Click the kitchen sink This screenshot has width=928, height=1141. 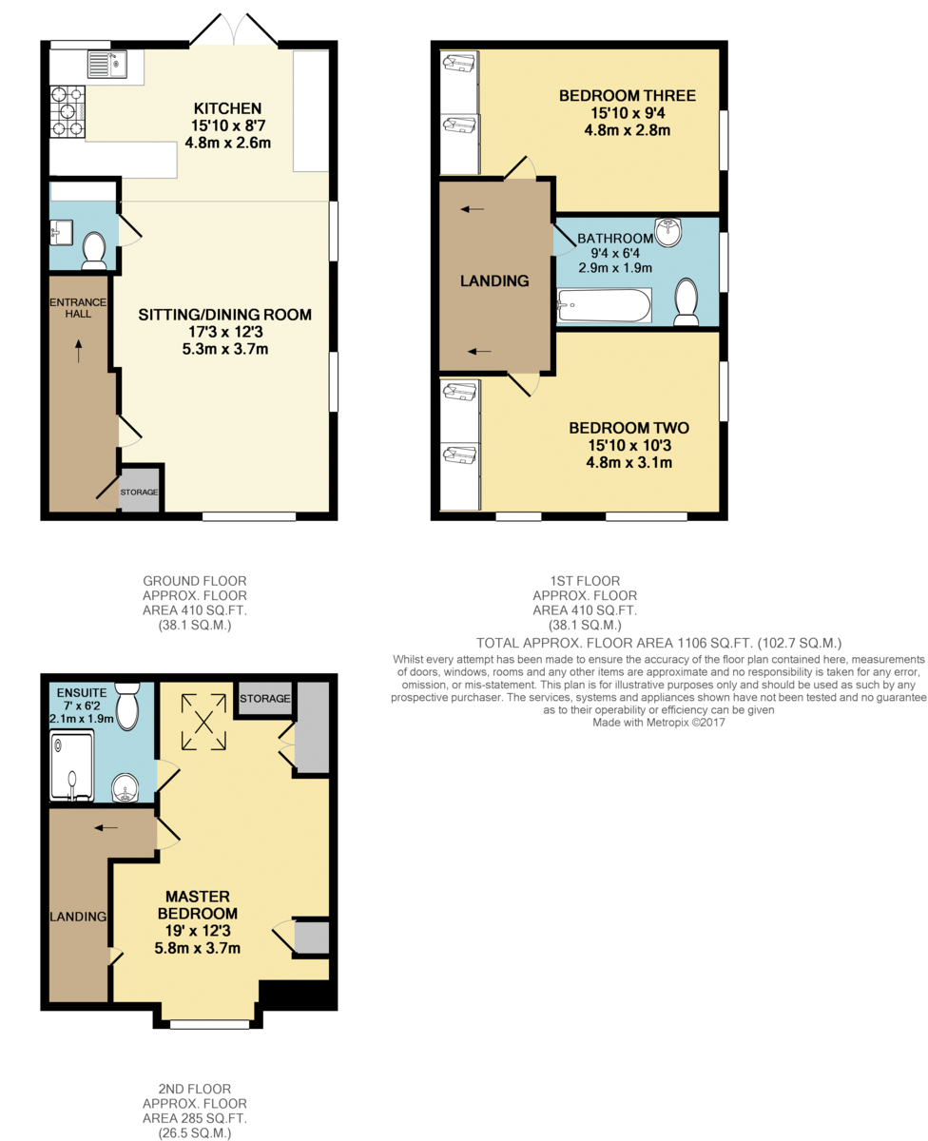pyautogui.click(x=107, y=65)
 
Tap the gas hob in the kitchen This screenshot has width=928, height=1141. pyautogui.click(x=68, y=111)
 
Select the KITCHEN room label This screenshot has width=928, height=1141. pyautogui.click(x=227, y=108)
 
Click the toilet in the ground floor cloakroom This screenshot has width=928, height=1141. pyautogui.click(x=94, y=250)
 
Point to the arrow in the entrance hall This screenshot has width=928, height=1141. pyautogui.click(x=79, y=351)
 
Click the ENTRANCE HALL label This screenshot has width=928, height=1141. pyautogui.click(x=78, y=308)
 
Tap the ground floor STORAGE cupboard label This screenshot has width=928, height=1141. pyautogui.click(x=139, y=492)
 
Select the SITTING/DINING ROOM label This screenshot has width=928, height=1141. pyautogui.click(x=225, y=315)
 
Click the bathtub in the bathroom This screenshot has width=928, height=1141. pyautogui.click(x=604, y=306)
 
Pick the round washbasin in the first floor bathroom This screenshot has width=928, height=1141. pyautogui.click(x=668, y=233)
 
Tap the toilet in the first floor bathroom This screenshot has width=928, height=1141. pyautogui.click(x=686, y=302)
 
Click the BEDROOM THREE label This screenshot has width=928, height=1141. pyautogui.click(x=628, y=95)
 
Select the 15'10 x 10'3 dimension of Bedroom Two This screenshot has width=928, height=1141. pyautogui.click(x=629, y=445)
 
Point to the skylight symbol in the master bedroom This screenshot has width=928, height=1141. pyautogui.click(x=203, y=722)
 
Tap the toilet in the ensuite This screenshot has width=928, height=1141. pyautogui.click(x=127, y=706)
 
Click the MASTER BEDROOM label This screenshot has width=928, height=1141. pyautogui.click(x=198, y=905)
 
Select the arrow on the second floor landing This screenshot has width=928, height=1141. pyautogui.click(x=106, y=827)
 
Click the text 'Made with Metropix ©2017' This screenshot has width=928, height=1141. pyautogui.click(x=659, y=722)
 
